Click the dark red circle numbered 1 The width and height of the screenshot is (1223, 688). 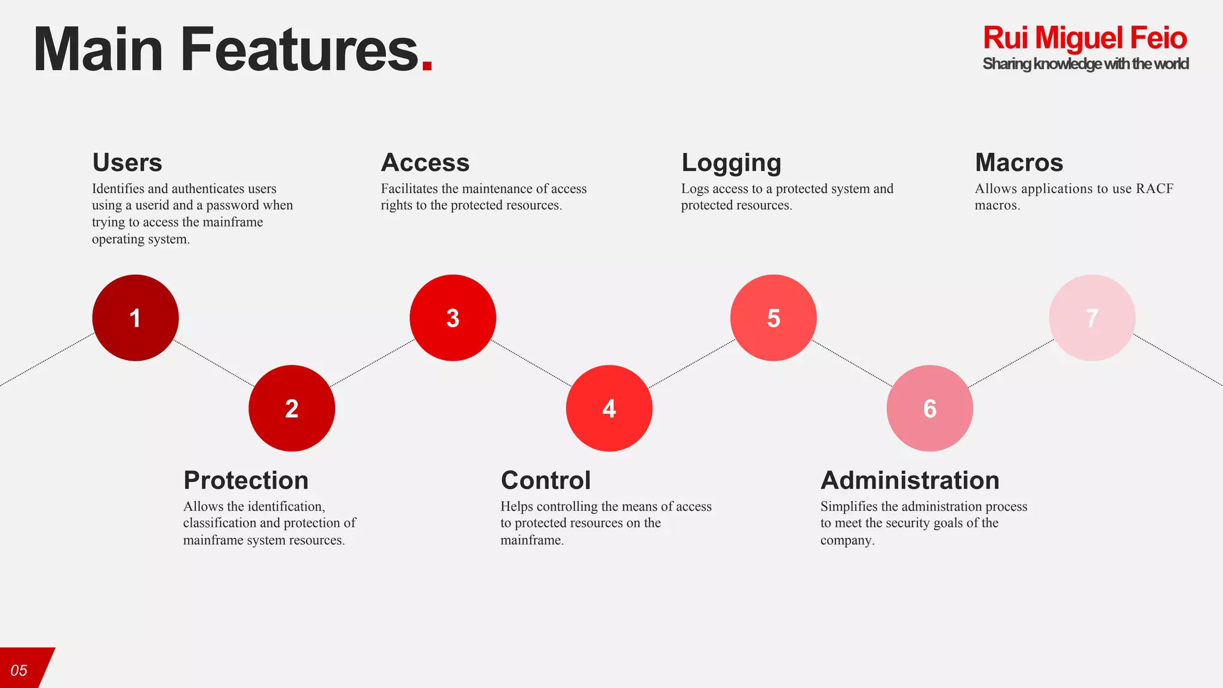tap(136, 318)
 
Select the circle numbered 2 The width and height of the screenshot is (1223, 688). tap(291, 408)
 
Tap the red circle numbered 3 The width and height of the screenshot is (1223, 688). tap(453, 318)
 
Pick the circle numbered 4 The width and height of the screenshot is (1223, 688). tap(609, 408)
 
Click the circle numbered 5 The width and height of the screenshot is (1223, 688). tap(773, 318)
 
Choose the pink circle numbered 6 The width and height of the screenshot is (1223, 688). tap(930, 408)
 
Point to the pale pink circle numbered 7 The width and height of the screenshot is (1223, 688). tap(1092, 318)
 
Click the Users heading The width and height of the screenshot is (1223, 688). tap(127, 162)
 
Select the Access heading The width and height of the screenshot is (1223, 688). tap(425, 162)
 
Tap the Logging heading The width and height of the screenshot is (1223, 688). tap(731, 163)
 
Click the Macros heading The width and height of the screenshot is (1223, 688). tap(1019, 162)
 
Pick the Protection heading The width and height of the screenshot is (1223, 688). tap(246, 480)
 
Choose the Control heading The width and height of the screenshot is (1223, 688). tap(546, 480)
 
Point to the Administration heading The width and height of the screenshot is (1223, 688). tap(909, 480)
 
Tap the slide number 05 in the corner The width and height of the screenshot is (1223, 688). tap(19, 670)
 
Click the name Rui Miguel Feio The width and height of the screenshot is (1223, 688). tap(1084, 38)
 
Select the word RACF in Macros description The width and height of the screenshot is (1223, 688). tap(1154, 189)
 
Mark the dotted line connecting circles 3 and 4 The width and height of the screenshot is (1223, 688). tap(531, 363)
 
